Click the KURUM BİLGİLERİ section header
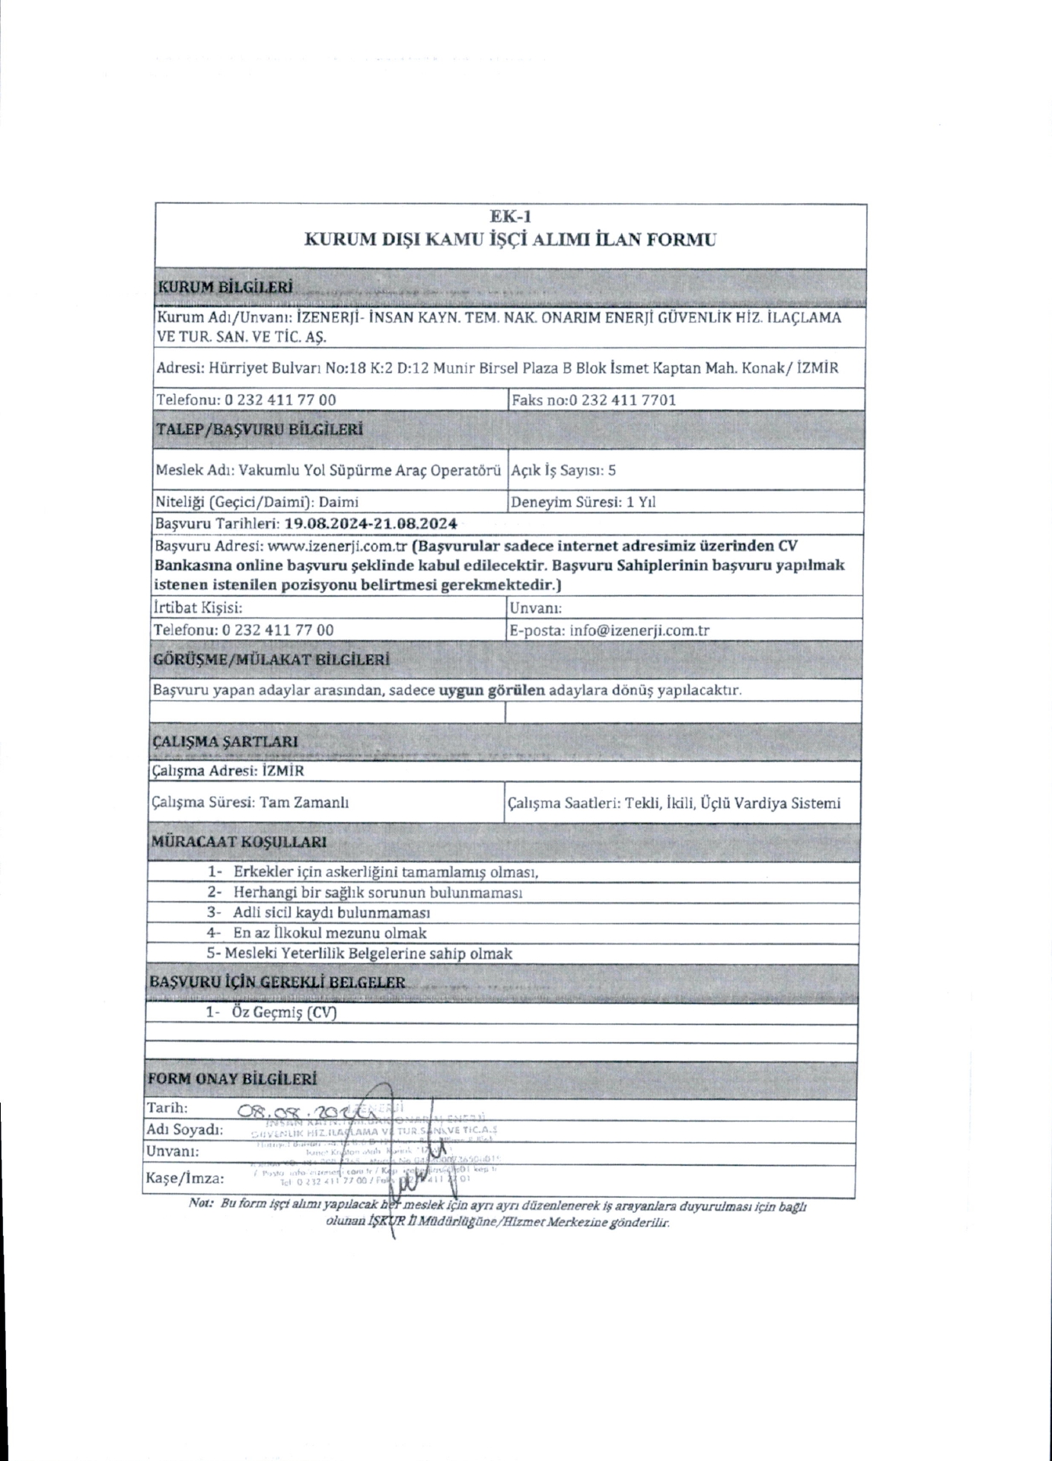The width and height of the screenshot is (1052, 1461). (x=224, y=288)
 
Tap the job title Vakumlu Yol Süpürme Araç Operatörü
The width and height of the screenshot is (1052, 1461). (x=369, y=469)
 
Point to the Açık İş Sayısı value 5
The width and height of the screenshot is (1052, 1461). (x=612, y=470)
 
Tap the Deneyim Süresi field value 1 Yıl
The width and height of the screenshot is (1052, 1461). (x=641, y=502)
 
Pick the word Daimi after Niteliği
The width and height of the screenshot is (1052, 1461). (x=339, y=502)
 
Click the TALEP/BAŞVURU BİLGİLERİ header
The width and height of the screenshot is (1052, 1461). (x=259, y=429)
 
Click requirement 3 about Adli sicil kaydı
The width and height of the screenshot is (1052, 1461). (x=332, y=912)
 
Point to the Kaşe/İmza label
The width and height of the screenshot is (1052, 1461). (x=185, y=1179)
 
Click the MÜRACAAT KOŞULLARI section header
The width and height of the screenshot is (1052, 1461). (x=239, y=842)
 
